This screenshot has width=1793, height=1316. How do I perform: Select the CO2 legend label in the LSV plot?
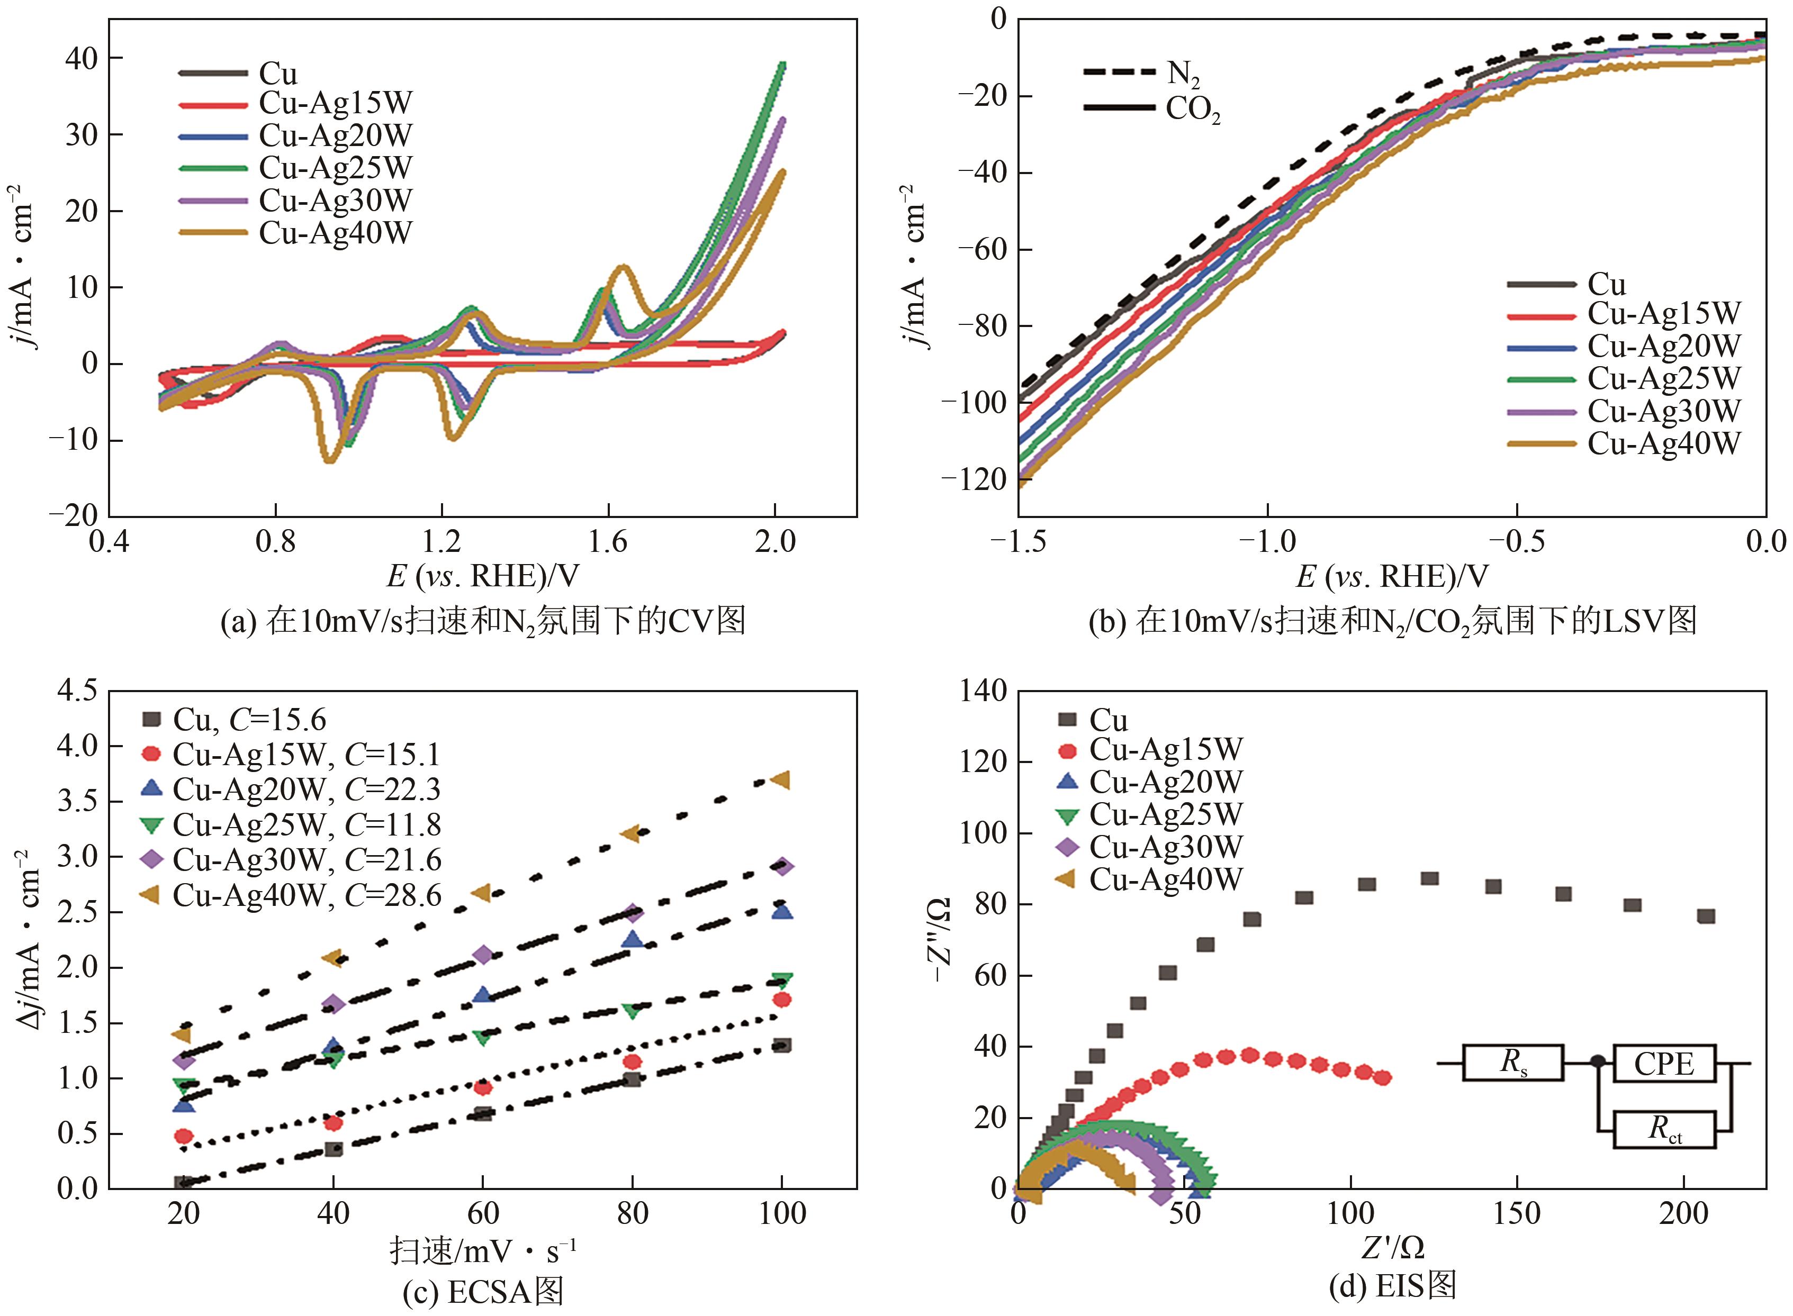1193,108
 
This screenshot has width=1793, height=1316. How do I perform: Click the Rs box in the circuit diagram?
1512,1062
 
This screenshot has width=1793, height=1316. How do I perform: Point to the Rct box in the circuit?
1664,1128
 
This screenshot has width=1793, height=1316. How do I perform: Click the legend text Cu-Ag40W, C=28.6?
307,895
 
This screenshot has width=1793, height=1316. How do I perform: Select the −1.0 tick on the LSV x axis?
1266,542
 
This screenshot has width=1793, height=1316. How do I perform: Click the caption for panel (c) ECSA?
483,1291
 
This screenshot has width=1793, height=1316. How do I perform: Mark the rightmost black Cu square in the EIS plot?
1705,916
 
